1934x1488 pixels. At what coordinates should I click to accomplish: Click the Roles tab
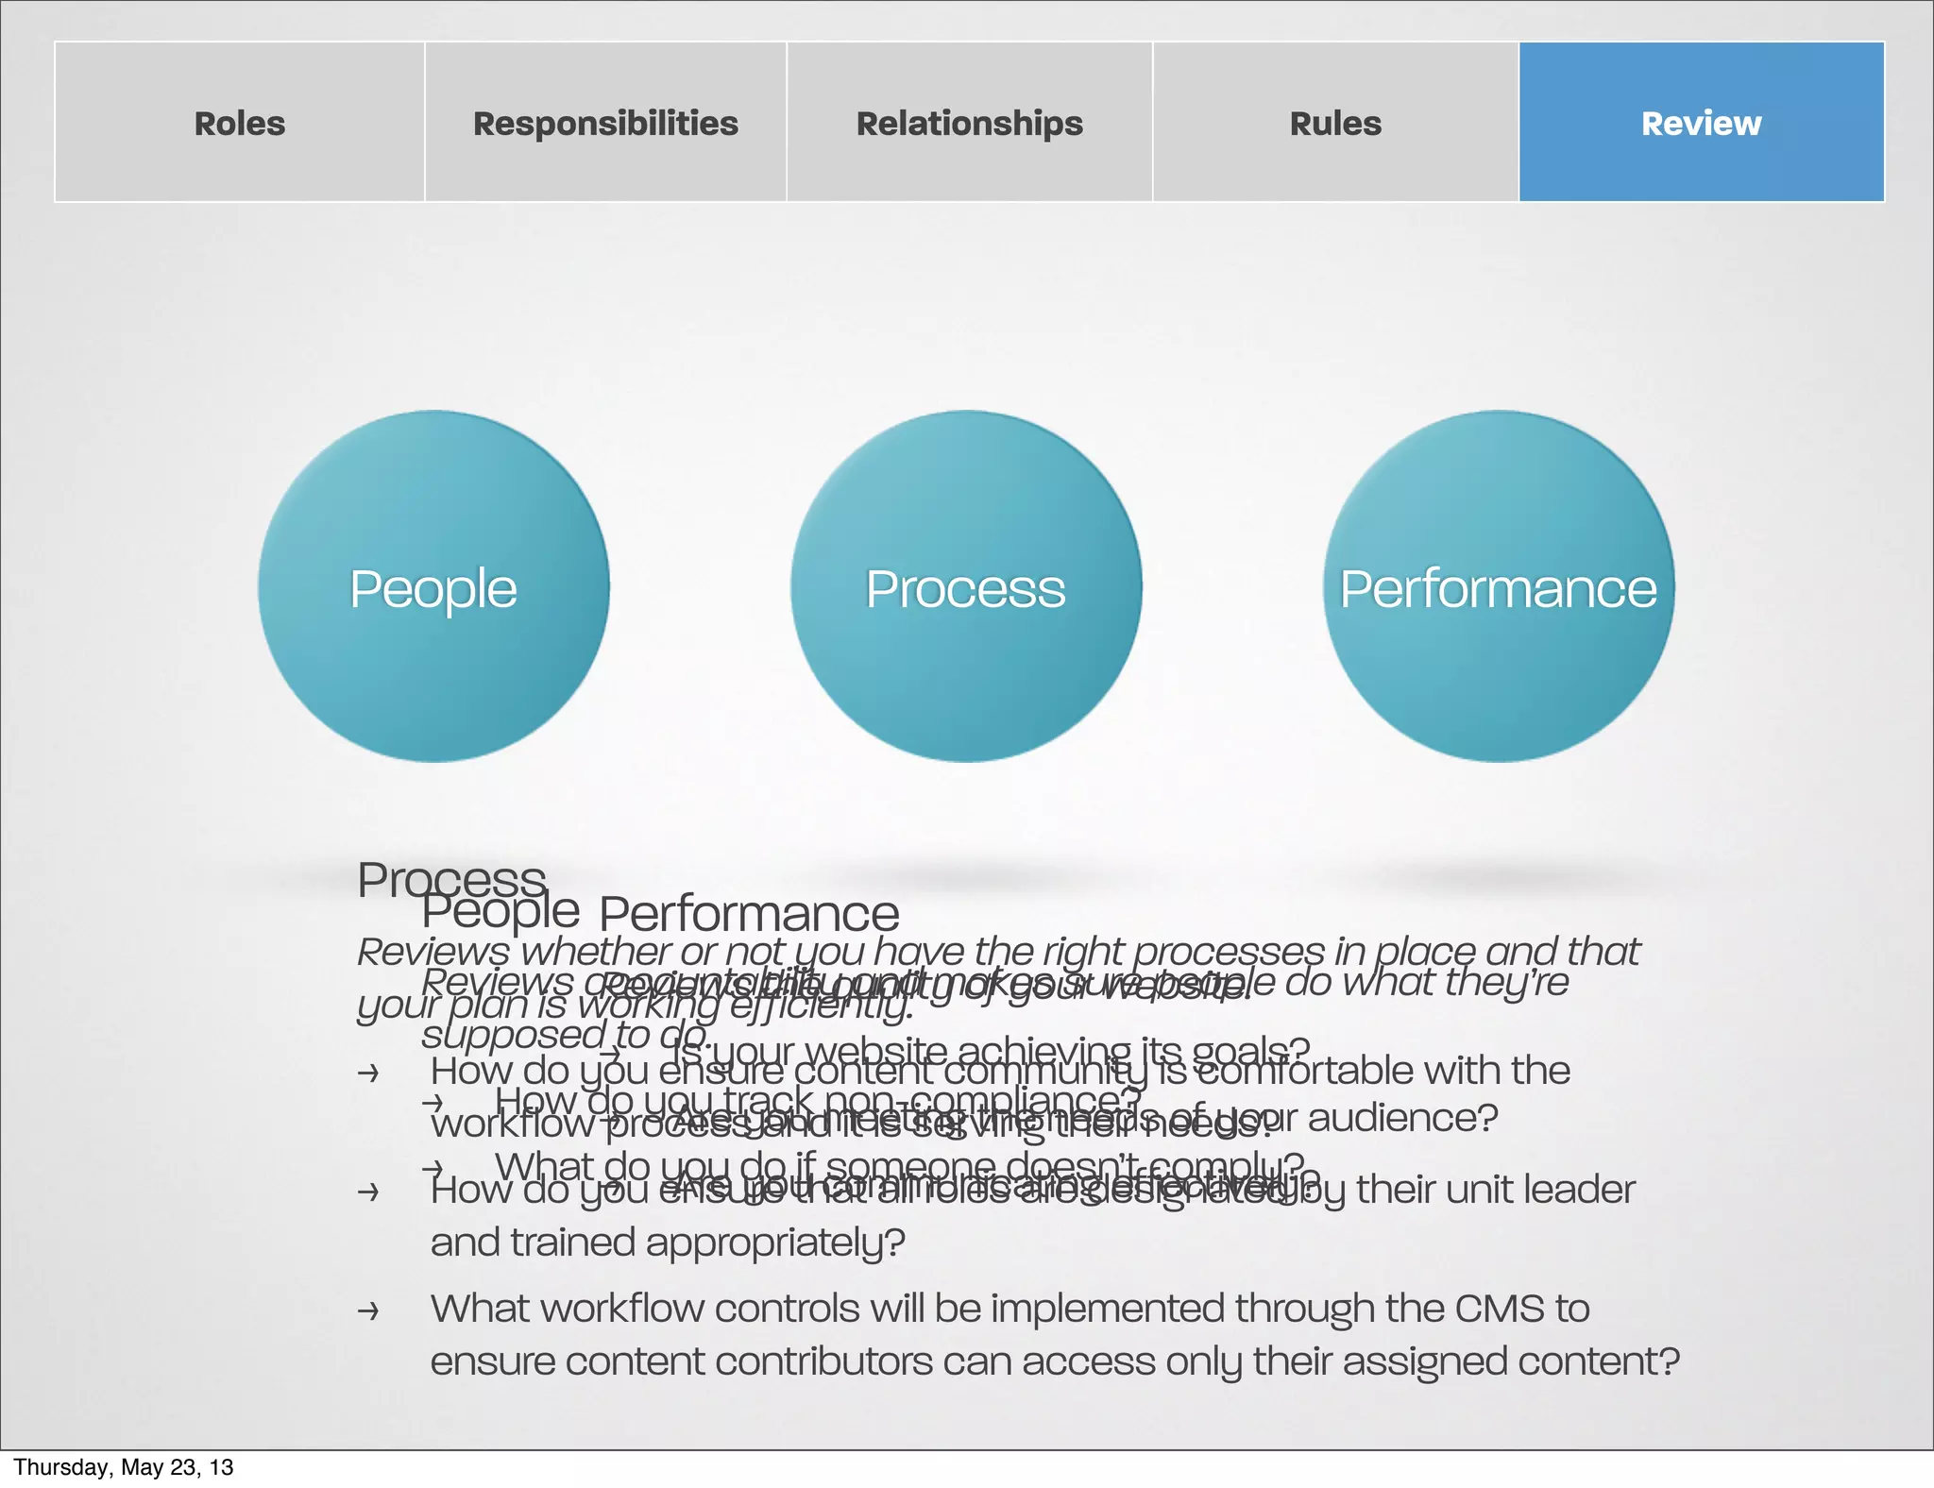[240, 123]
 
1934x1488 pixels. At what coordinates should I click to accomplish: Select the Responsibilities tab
[605, 123]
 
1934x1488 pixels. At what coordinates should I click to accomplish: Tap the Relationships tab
[969, 123]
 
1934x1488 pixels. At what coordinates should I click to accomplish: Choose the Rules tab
[1335, 123]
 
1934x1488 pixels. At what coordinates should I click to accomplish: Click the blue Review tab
[1701, 123]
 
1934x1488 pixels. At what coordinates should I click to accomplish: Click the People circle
[433, 587]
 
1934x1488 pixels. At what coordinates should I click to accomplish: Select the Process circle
[965, 587]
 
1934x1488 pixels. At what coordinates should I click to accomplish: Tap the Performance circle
[1498, 587]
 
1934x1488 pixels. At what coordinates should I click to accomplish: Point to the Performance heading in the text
[749, 913]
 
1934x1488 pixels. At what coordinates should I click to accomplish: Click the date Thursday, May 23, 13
[123, 1467]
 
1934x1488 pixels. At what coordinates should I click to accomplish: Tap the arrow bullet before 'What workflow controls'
[368, 1310]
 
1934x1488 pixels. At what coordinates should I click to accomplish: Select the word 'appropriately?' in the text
[775, 1243]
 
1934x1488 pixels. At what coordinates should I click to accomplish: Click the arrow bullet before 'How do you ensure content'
[368, 1073]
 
